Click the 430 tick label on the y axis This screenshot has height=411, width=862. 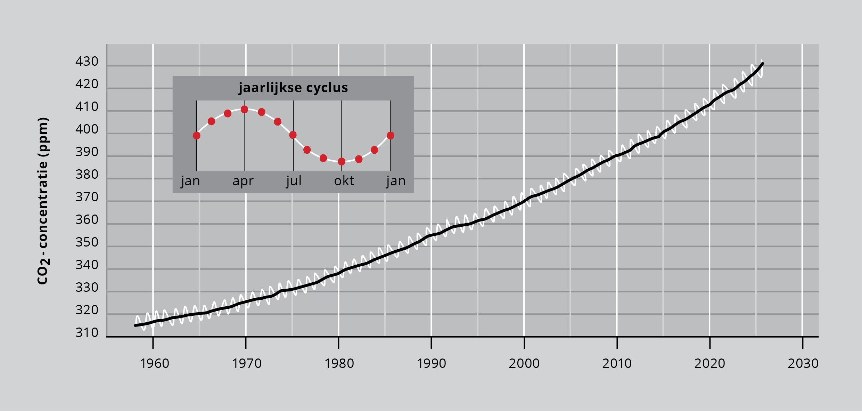click(x=87, y=62)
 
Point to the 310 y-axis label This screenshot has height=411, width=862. click(x=87, y=333)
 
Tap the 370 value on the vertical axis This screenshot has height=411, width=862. click(x=87, y=197)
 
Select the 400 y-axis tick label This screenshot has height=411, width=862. click(x=87, y=129)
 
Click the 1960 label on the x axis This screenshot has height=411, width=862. click(x=154, y=364)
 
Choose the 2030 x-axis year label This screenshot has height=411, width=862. click(x=803, y=364)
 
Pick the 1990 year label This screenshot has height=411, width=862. click(x=431, y=364)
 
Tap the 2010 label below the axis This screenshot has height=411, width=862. click(x=617, y=364)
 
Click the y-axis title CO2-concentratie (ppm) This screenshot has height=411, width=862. click(x=43, y=201)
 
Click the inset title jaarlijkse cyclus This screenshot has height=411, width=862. click(x=293, y=88)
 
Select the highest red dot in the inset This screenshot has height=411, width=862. click(x=244, y=110)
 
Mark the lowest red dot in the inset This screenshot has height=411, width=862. click(x=342, y=161)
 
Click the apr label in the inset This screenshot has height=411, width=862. click(x=243, y=181)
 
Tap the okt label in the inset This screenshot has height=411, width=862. click(x=344, y=181)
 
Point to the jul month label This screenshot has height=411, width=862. click(x=294, y=181)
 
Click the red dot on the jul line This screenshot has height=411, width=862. click(x=293, y=135)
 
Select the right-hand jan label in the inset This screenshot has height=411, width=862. click(x=396, y=181)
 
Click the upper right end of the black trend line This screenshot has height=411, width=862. click(x=762, y=64)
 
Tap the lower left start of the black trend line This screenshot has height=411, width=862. click(x=136, y=325)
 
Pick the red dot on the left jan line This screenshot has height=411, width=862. click(x=197, y=136)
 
